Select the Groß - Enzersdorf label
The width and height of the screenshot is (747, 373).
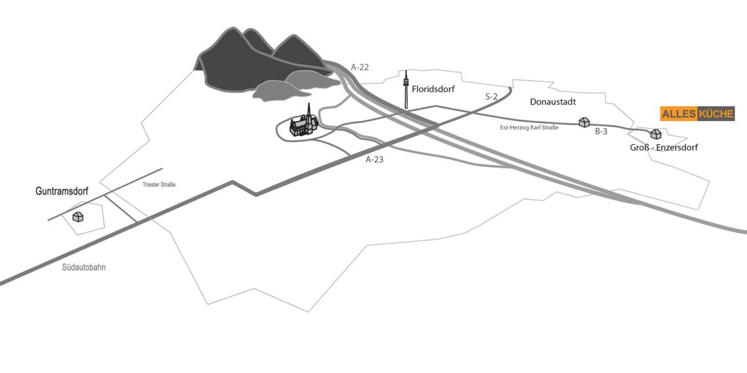click(x=664, y=147)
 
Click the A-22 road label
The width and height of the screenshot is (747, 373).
click(x=360, y=67)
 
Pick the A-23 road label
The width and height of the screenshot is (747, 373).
click(x=374, y=160)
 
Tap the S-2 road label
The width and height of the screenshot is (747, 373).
click(x=491, y=97)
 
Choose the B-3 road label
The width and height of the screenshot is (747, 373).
click(x=602, y=132)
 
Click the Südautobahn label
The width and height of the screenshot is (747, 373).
click(x=84, y=268)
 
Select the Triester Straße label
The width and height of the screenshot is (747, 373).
click(x=159, y=184)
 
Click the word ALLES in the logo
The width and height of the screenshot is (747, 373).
click(x=678, y=114)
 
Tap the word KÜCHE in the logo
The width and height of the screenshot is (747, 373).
click(x=716, y=114)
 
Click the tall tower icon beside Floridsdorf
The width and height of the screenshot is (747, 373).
click(x=406, y=90)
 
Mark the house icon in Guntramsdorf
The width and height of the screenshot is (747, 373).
click(x=78, y=217)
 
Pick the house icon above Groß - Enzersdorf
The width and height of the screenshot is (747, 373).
click(x=655, y=134)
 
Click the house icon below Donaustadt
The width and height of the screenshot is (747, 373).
click(x=584, y=122)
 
